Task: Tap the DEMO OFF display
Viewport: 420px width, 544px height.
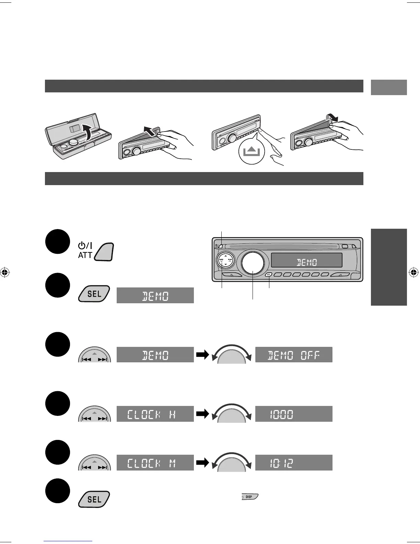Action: click(x=294, y=355)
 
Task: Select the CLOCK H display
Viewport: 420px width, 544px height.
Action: click(x=155, y=414)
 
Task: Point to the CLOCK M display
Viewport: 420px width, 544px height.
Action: click(x=155, y=463)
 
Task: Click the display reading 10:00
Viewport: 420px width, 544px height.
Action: click(x=294, y=414)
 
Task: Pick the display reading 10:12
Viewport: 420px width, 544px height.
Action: click(x=294, y=463)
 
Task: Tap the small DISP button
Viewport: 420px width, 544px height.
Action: click(x=249, y=497)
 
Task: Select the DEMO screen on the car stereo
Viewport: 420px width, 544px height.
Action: click(x=306, y=260)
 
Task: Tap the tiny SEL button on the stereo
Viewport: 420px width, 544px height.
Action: click(x=269, y=274)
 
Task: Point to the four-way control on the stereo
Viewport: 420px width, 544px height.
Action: click(x=225, y=260)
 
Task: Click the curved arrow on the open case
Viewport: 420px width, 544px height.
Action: click(x=89, y=132)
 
